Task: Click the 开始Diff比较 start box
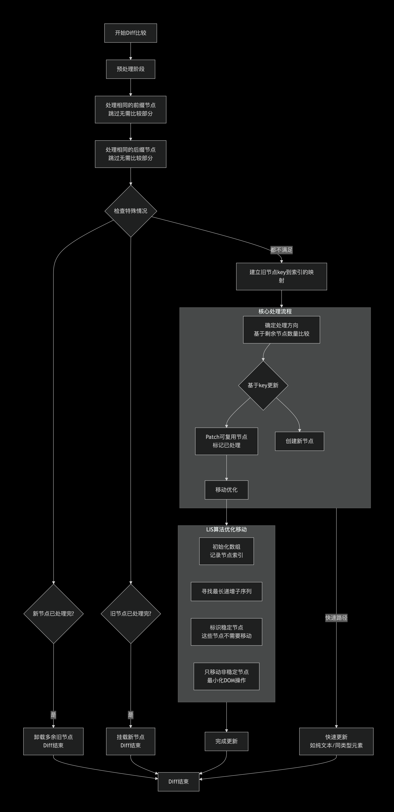point(131,33)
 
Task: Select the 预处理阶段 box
point(131,69)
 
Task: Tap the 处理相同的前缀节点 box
point(131,109)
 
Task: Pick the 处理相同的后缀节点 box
point(131,154)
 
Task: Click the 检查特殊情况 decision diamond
point(131,211)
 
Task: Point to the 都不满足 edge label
point(281,250)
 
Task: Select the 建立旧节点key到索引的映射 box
point(281,276)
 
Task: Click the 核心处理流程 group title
point(275,311)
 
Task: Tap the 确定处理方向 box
point(281,329)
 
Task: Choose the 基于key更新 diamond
point(263,385)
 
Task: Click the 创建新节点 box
point(299,441)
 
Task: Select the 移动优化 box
point(227,490)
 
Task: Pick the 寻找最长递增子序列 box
point(227,591)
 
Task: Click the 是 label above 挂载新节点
point(131,715)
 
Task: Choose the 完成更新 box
point(227,741)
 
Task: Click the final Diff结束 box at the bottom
point(178,781)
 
